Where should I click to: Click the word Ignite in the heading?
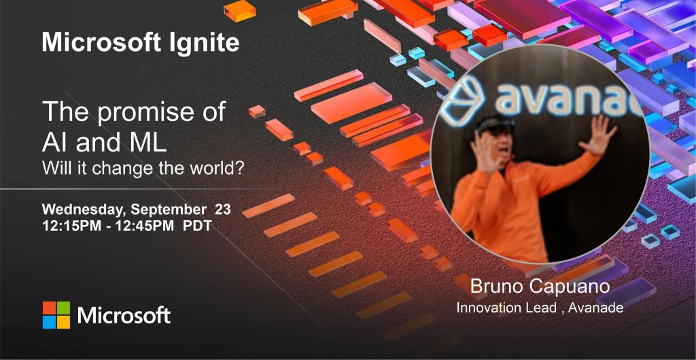(204, 43)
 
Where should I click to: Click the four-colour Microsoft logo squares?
(56, 315)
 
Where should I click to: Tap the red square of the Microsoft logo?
(49, 308)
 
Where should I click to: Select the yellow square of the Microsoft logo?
(63, 323)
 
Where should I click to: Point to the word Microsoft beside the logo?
(124, 316)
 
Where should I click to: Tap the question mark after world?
(240, 168)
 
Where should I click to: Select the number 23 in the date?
(223, 209)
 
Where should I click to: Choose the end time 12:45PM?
(145, 226)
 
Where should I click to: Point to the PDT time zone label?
(198, 226)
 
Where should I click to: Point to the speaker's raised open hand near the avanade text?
(599, 136)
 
